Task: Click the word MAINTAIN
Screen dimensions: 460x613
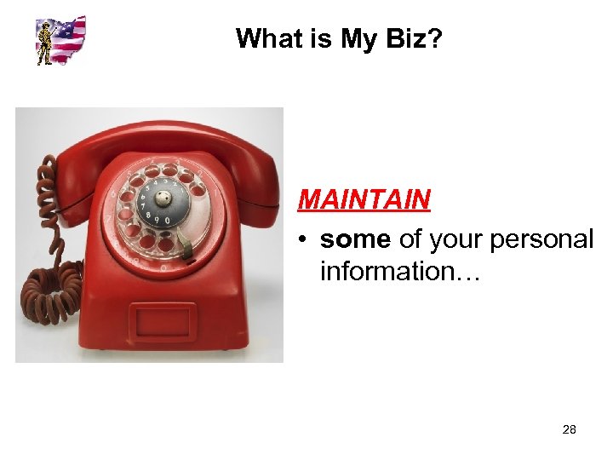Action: click(x=364, y=200)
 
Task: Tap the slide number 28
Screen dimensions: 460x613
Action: click(x=570, y=429)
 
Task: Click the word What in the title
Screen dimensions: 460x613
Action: click(x=266, y=38)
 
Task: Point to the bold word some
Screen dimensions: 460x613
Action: click(x=356, y=240)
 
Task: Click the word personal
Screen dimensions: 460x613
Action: click(x=547, y=241)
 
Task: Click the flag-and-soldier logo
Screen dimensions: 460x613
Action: click(x=60, y=40)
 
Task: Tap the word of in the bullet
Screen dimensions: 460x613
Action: click(x=410, y=241)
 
